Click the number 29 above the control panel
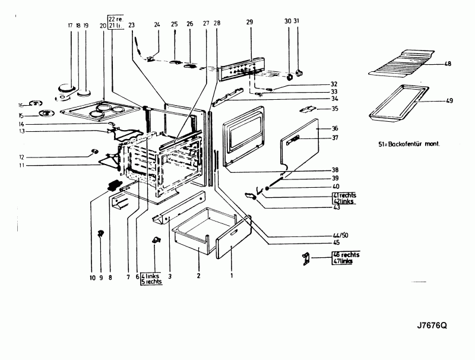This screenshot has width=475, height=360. [x=249, y=22]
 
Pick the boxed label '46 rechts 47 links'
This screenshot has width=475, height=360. [x=345, y=257]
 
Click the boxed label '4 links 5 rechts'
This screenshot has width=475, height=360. [x=151, y=279]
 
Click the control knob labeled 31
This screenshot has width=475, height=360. [x=299, y=72]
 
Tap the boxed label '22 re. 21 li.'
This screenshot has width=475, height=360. [x=115, y=21]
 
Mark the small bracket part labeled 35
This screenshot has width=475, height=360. [x=308, y=109]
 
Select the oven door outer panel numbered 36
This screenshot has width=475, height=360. [x=309, y=149]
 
